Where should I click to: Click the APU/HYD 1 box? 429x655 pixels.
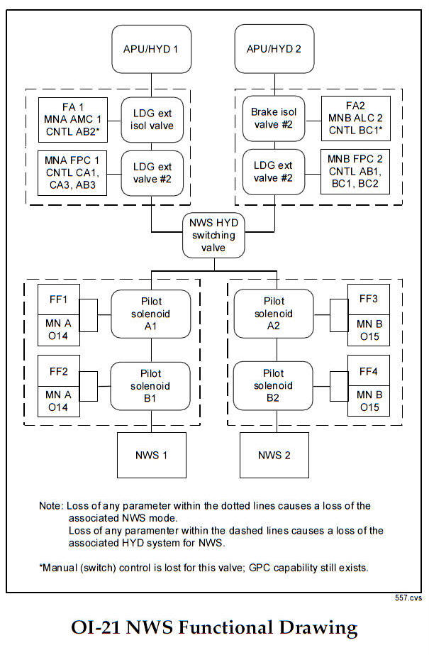coord(151,49)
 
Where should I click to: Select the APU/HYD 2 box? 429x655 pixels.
coord(275,49)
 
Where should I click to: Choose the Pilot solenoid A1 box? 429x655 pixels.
coord(150,314)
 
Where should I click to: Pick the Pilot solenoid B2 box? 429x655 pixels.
coord(274,385)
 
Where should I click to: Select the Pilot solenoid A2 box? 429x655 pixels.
coord(274,314)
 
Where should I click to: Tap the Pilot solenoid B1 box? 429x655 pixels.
coord(150,385)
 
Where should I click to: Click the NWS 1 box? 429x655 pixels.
coord(151,455)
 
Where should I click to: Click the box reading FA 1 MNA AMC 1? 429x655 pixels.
coord(72,118)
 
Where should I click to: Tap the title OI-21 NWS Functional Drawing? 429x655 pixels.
coord(214,628)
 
